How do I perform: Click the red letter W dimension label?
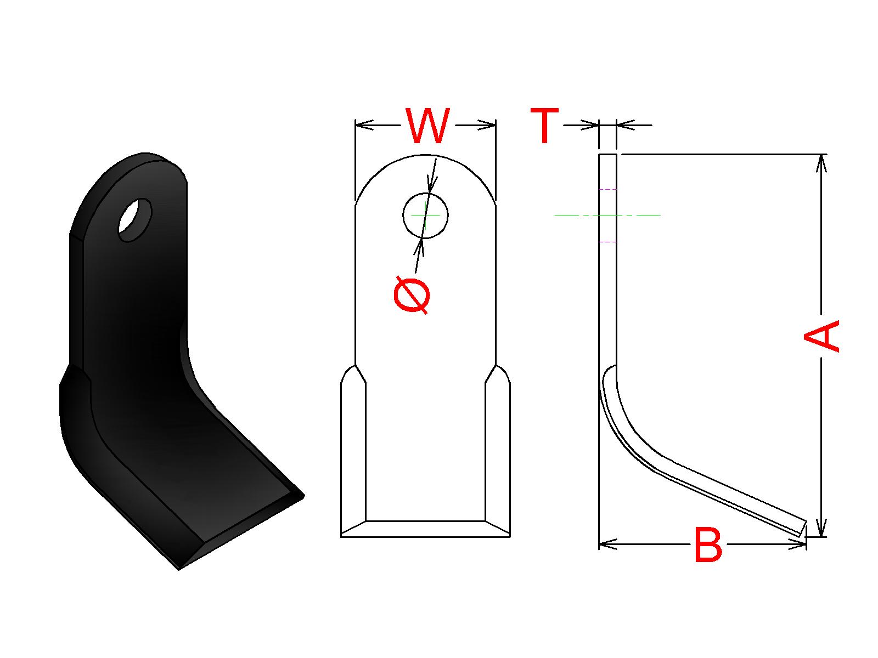click(x=427, y=126)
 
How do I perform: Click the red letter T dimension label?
click(x=544, y=126)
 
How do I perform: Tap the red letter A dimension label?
click(x=821, y=336)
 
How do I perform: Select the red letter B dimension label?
click(x=708, y=545)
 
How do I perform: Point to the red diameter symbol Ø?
click(x=412, y=294)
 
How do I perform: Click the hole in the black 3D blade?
click(x=135, y=220)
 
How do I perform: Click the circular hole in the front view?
click(x=425, y=215)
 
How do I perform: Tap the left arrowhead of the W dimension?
click(x=364, y=125)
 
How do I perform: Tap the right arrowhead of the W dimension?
click(x=487, y=125)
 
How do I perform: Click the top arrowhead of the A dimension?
click(x=821, y=163)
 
